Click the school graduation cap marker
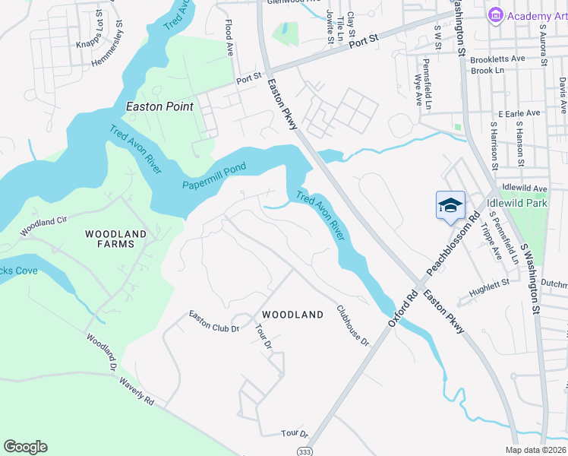click(x=450, y=204)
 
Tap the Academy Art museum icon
click(x=496, y=14)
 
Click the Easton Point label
click(x=159, y=106)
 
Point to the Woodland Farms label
click(x=109, y=239)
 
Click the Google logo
click(x=25, y=447)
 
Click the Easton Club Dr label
click(x=214, y=322)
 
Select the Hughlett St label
click(x=489, y=285)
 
